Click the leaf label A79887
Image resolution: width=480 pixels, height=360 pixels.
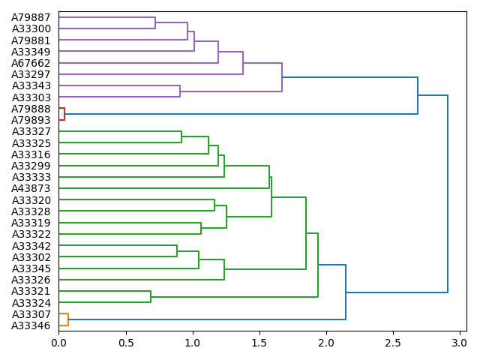[x=31, y=17]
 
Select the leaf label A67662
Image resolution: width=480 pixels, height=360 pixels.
[x=31, y=63]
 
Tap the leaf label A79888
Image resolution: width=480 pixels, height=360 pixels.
[x=31, y=109]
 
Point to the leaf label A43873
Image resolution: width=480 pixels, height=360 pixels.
[x=31, y=188]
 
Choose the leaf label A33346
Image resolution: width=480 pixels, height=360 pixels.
[x=31, y=325]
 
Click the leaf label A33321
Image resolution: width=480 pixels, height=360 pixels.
[x=31, y=291]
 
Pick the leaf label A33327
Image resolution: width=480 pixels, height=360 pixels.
[x=31, y=131]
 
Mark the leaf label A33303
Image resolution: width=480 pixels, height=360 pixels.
[x=31, y=97]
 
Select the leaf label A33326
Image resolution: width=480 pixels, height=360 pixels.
[x=31, y=280]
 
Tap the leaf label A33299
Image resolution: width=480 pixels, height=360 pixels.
[x=31, y=166]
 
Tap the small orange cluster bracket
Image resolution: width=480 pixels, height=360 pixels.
[x=67, y=319]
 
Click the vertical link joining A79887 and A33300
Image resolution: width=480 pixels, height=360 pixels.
[x=155, y=22]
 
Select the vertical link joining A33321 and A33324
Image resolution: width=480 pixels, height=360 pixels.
[x=151, y=296]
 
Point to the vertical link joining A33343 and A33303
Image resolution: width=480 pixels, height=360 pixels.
[x=180, y=91]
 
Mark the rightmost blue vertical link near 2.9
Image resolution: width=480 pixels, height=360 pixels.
[x=448, y=193]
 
